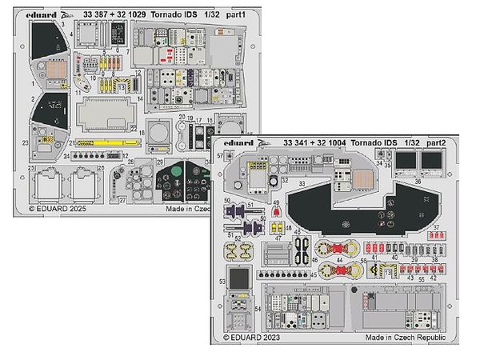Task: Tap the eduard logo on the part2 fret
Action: pos(238,143)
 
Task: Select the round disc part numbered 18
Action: pos(160,131)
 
